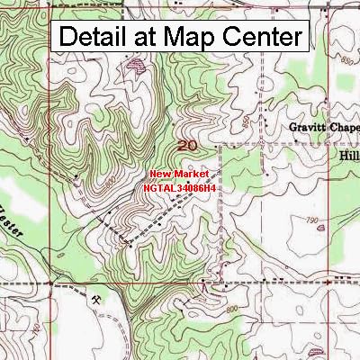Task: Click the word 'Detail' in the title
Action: coord(93,37)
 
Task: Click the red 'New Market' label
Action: coord(179,173)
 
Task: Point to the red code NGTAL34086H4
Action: coord(179,188)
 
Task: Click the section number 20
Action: coord(187,145)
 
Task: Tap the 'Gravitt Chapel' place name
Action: coord(324,128)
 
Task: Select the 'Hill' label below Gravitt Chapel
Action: coord(347,154)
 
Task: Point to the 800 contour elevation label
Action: coord(232,309)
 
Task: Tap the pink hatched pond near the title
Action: coord(137,66)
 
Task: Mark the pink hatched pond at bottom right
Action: coord(345,344)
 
